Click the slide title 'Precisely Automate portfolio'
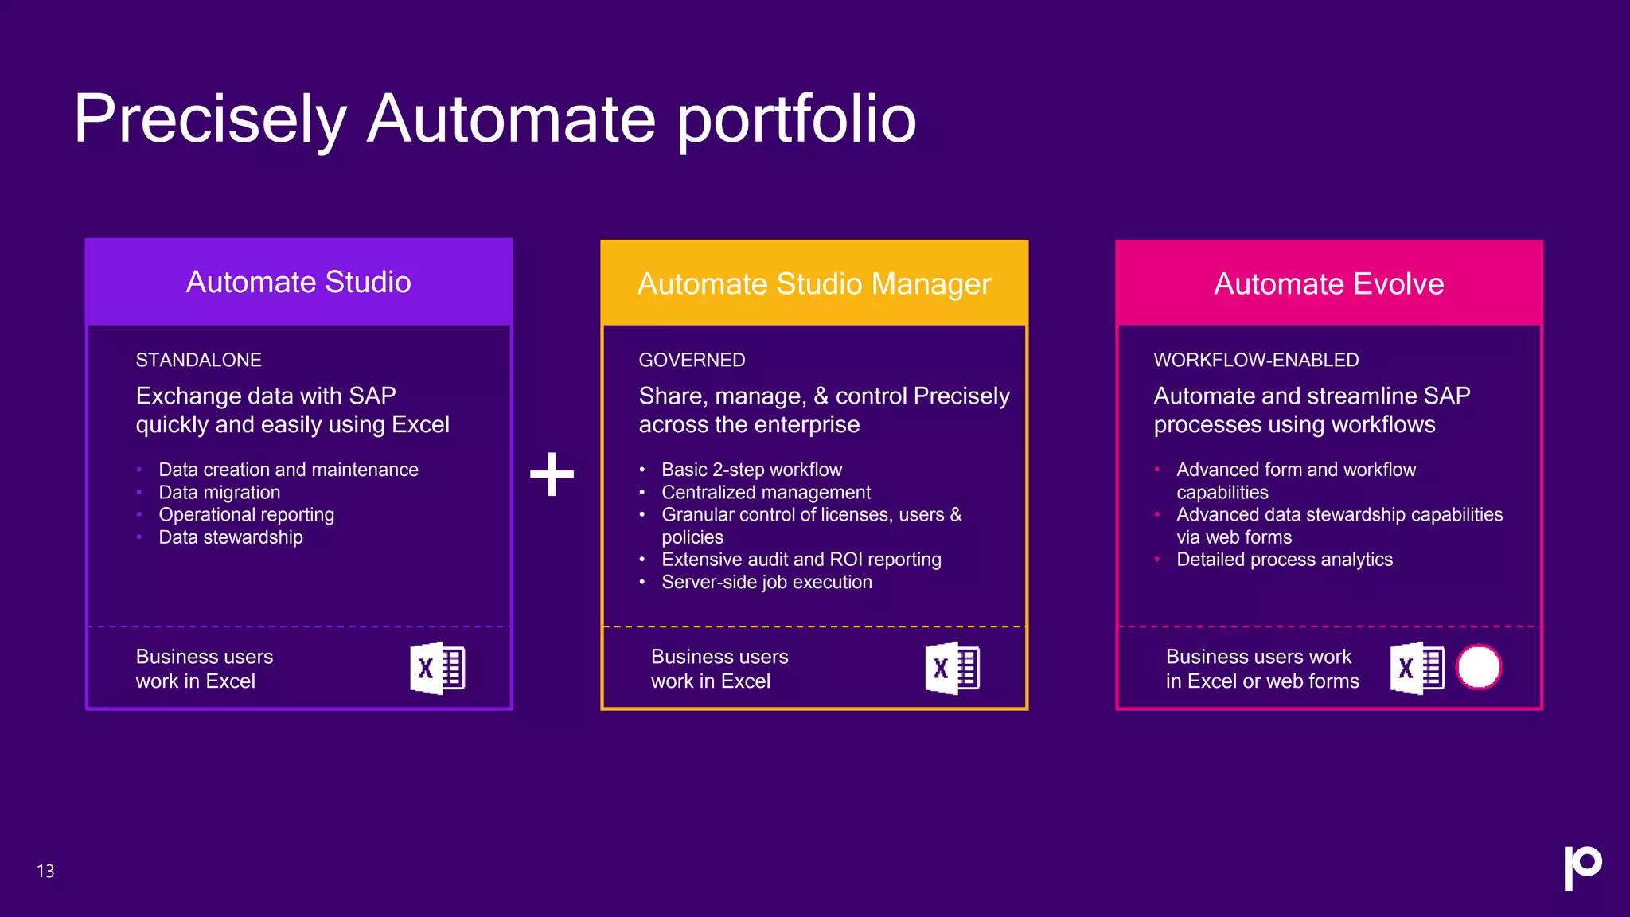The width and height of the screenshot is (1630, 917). click(494, 119)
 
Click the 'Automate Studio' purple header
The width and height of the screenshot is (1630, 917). click(298, 282)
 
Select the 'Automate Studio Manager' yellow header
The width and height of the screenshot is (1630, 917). click(814, 283)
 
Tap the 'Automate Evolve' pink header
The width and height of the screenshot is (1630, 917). click(1328, 283)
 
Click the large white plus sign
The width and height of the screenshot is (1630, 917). click(552, 474)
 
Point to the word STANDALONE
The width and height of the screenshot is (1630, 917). click(198, 360)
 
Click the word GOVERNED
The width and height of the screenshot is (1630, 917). click(692, 360)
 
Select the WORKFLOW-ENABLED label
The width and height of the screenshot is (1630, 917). click(1256, 360)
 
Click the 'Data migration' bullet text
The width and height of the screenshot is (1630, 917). click(219, 492)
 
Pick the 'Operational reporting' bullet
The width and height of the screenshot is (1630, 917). click(246, 514)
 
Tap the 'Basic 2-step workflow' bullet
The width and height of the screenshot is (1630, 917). click(751, 470)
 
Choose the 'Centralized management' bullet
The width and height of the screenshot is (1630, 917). click(766, 492)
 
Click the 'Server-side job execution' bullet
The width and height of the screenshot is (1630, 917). click(766, 582)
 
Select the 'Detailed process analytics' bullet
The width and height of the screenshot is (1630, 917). click(1285, 560)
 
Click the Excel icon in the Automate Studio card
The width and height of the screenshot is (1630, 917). click(437, 668)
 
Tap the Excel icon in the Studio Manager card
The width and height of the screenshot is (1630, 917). click(952, 668)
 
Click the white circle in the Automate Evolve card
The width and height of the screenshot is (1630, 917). click(1479, 667)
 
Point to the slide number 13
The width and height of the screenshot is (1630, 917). click(45, 871)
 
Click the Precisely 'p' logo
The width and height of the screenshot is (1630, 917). click(1582, 867)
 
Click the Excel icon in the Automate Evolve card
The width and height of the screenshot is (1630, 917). click(1417, 668)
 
